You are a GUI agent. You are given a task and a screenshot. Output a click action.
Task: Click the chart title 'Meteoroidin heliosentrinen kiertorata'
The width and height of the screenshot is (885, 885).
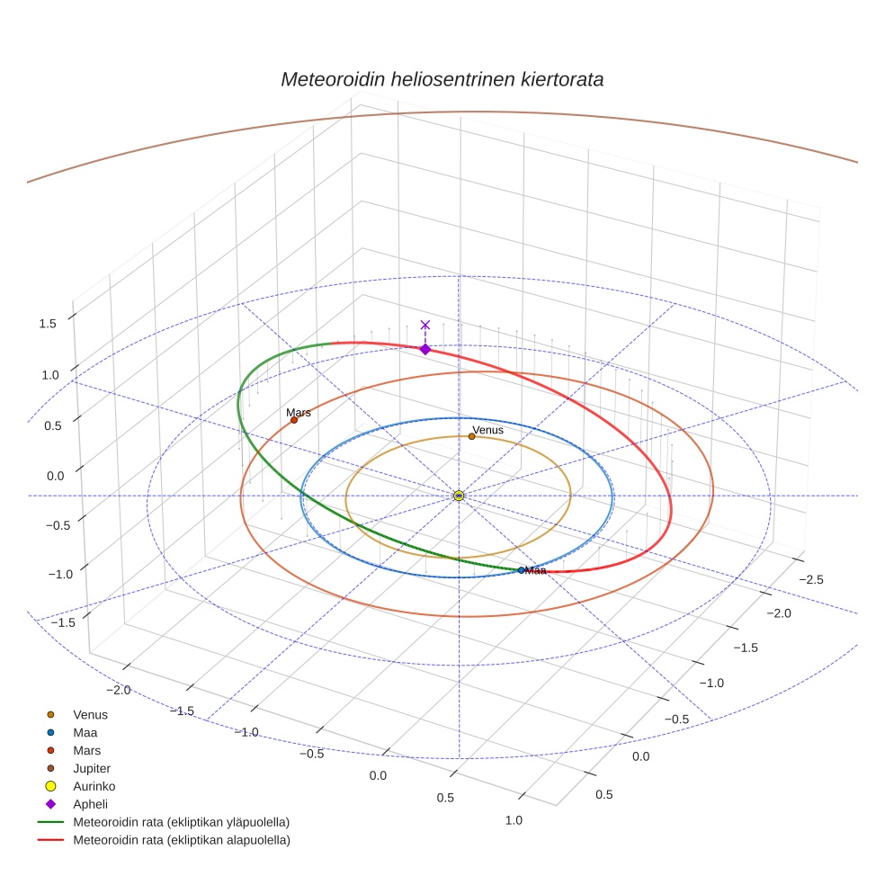pos(442,79)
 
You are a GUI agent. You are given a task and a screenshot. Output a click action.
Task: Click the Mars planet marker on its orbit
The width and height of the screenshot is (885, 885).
pos(294,420)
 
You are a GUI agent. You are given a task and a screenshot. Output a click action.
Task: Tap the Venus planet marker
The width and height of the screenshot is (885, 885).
pos(471,437)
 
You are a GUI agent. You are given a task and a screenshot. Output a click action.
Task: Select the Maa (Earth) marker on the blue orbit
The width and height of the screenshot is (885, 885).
pos(522,570)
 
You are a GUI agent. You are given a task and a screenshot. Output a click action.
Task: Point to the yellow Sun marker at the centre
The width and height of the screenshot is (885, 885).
pos(459,496)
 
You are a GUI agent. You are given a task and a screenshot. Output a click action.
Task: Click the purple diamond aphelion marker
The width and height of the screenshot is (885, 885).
pos(425,349)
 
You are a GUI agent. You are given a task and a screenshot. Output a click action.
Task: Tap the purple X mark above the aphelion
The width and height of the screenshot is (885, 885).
pos(425,325)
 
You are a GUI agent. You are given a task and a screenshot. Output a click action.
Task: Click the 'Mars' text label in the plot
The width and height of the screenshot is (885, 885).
pos(299,413)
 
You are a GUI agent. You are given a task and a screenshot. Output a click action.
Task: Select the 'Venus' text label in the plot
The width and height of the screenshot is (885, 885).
pos(488,430)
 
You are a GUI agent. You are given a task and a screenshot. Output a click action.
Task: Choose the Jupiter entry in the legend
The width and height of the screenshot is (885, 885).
pos(92,769)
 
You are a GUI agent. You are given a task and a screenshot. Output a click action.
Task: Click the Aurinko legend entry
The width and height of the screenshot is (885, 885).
pos(94,786)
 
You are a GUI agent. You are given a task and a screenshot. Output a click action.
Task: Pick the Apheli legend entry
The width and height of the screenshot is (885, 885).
pos(90,804)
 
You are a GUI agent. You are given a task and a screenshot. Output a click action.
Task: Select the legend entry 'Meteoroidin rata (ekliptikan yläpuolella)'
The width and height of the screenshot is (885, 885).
pos(181,822)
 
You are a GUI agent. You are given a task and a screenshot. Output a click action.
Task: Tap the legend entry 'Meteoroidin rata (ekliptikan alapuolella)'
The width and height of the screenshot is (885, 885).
pos(181,840)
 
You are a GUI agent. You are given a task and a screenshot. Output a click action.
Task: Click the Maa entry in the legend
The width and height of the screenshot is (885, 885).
pos(85,733)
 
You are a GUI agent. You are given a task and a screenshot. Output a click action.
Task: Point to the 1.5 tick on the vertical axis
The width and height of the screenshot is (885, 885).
pos(49,324)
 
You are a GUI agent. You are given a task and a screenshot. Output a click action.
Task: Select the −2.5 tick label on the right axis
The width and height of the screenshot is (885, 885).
pos(810,580)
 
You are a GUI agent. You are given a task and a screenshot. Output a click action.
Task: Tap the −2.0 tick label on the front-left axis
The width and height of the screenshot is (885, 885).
pos(119,690)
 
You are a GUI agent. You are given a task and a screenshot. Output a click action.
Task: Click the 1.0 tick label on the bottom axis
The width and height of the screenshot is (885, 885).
pos(514,819)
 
